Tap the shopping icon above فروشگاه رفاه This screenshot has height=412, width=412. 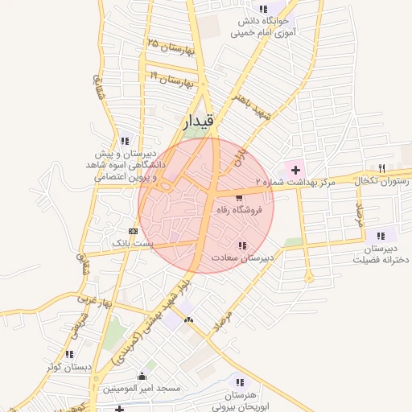pyautogui.click(x=239, y=197)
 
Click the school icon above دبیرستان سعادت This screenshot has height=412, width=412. pyautogui.click(x=242, y=245)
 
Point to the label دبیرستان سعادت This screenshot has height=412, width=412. pyautogui.click(x=243, y=258)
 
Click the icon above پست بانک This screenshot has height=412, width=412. pyautogui.click(x=132, y=231)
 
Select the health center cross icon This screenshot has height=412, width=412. pyautogui.click(x=296, y=170)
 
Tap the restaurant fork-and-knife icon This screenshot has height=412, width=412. pyautogui.click(x=381, y=169)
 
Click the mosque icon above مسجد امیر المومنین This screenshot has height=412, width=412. pyautogui.click(x=142, y=376)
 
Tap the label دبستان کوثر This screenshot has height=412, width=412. pyautogui.click(x=68, y=367)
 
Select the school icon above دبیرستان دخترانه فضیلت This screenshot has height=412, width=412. pyautogui.click(x=381, y=236)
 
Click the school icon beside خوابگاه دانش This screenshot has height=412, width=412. pyautogui.click(x=263, y=10)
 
